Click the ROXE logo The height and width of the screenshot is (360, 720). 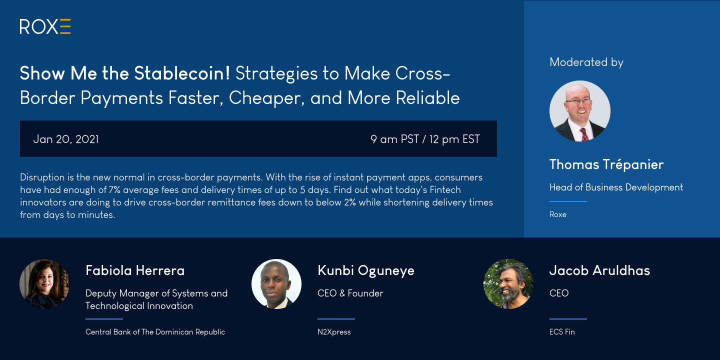click(45, 26)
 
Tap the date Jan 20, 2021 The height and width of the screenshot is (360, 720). click(66, 139)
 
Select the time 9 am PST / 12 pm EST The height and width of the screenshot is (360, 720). click(425, 139)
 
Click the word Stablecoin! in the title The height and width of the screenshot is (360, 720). click(182, 73)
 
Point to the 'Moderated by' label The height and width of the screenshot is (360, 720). click(586, 62)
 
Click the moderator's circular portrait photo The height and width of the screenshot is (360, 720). click(580, 111)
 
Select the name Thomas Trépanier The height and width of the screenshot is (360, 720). click(606, 164)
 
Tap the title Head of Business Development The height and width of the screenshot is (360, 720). click(616, 187)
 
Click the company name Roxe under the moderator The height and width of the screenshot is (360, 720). click(557, 214)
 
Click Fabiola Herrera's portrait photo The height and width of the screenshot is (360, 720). click(44, 284)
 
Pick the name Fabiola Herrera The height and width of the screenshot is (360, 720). click(135, 270)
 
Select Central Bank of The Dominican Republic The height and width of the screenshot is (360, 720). click(155, 331)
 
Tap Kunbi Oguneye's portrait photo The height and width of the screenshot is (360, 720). click(276, 284)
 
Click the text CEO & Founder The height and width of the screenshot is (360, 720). click(350, 293)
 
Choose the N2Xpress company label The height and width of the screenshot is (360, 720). click(334, 331)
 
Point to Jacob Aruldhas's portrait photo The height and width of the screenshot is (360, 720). click(508, 284)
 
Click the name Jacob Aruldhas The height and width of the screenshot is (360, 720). click(600, 270)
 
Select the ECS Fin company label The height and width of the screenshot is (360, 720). click(562, 331)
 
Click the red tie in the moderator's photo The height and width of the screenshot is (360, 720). click(583, 134)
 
